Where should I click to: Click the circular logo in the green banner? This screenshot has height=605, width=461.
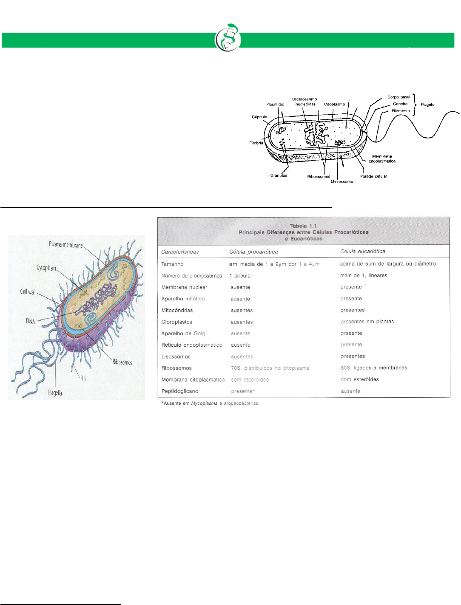click(228, 38)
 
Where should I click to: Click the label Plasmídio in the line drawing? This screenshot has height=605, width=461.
click(275, 104)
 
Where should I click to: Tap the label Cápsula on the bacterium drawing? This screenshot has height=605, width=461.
click(259, 117)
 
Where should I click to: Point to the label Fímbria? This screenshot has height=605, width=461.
click(256, 143)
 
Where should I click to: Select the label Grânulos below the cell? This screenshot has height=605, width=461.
click(279, 175)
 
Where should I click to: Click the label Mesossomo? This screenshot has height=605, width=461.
click(342, 181)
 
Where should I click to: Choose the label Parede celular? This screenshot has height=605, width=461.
click(373, 176)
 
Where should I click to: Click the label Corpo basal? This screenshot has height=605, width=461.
click(399, 97)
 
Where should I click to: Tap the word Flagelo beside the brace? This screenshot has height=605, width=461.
click(427, 105)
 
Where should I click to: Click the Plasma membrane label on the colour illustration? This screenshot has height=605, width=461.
click(66, 245)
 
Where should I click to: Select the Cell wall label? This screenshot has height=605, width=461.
click(28, 292)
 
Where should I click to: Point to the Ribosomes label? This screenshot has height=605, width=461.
click(122, 362)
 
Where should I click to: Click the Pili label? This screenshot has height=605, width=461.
click(83, 378)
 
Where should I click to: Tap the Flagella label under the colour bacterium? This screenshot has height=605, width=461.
click(55, 393)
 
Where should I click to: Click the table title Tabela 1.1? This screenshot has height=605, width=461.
click(303, 226)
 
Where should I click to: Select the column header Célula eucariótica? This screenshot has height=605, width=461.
click(363, 252)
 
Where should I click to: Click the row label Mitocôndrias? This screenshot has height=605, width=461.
click(177, 311)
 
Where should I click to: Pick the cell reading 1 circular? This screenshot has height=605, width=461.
click(241, 276)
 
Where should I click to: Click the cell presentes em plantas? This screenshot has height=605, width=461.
click(367, 322)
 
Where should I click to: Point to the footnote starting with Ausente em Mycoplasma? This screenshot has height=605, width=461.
click(210, 404)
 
